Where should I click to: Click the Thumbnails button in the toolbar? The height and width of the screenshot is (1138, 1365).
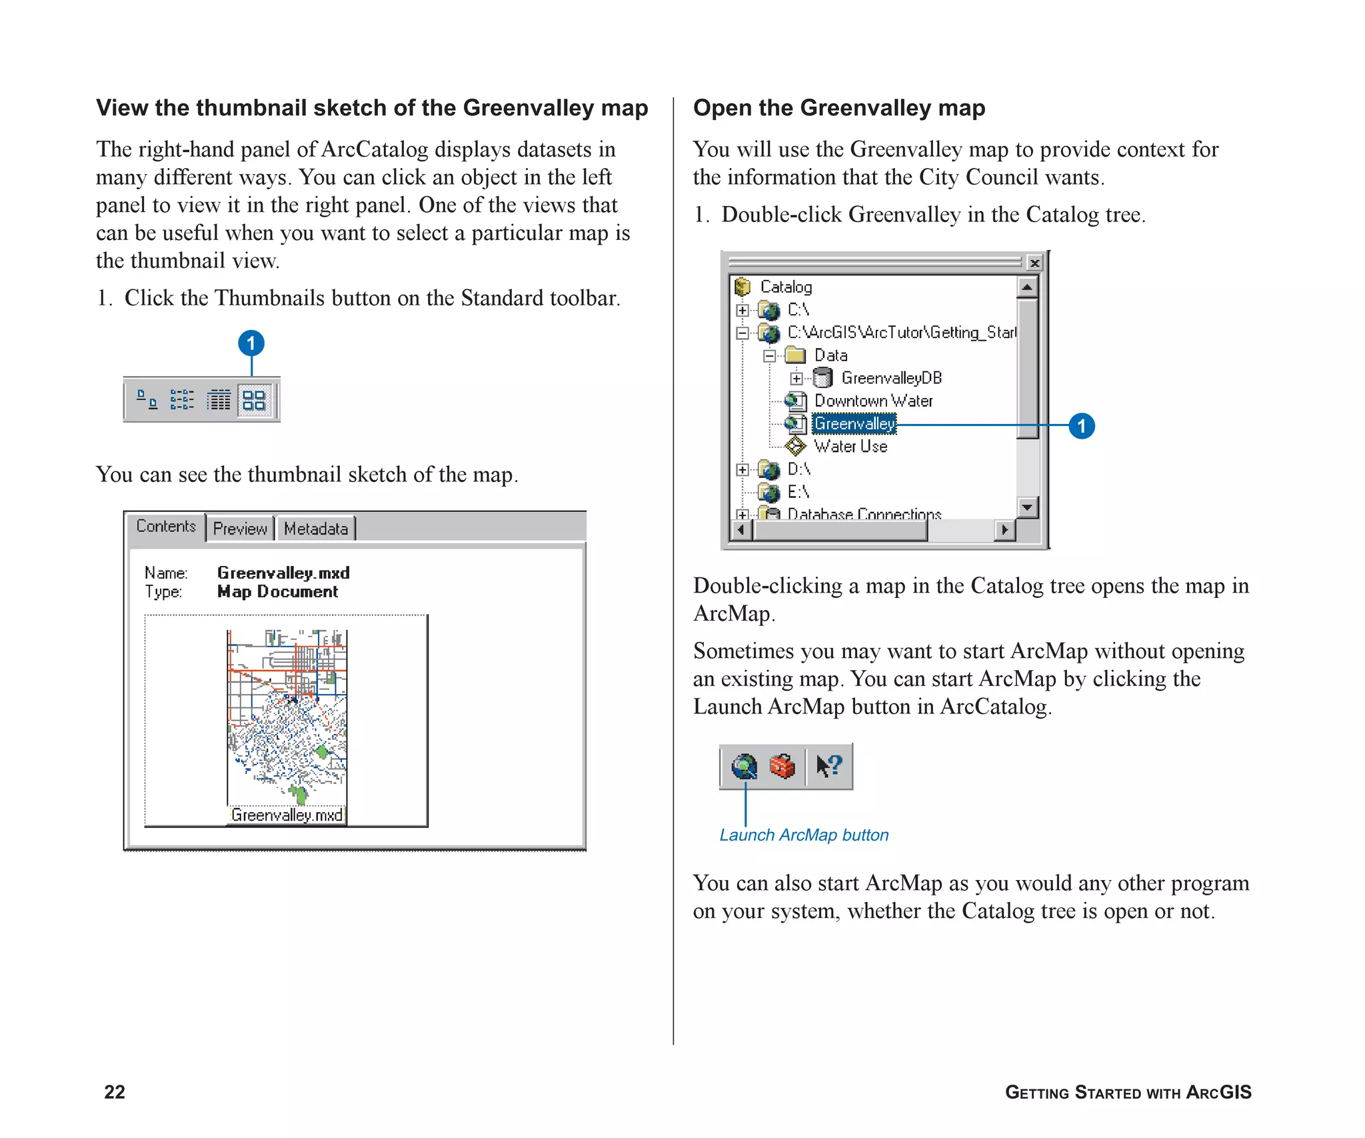[254, 400]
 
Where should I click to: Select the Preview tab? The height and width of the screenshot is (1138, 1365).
[240, 529]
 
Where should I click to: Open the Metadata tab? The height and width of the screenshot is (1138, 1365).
[316, 529]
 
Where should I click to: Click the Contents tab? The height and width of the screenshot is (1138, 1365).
[166, 526]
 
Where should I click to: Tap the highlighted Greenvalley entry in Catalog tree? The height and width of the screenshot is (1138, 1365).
[854, 423]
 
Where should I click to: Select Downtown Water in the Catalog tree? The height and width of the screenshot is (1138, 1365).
[873, 401]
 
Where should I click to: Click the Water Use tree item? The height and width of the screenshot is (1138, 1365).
[850, 446]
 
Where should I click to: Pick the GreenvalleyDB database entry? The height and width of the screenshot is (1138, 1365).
[891, 378]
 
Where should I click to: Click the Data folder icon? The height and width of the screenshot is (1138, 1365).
[795, 355]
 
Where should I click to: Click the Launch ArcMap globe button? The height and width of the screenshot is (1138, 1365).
[744, 767]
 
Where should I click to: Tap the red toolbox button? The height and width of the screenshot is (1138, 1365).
[782, 767]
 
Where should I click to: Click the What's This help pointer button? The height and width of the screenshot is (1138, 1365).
[829, 767]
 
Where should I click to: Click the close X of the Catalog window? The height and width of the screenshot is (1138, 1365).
[1034, 263]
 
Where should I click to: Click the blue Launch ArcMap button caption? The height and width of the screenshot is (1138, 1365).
[804, 835]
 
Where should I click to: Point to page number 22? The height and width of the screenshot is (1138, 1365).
[115, 1091]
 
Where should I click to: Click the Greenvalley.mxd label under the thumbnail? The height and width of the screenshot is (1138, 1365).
[287, 815]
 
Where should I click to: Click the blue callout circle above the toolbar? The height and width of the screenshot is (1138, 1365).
[251, 343]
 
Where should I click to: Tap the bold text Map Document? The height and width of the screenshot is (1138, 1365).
[277, 591]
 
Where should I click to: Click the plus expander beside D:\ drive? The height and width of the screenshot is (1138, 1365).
[742, 469]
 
